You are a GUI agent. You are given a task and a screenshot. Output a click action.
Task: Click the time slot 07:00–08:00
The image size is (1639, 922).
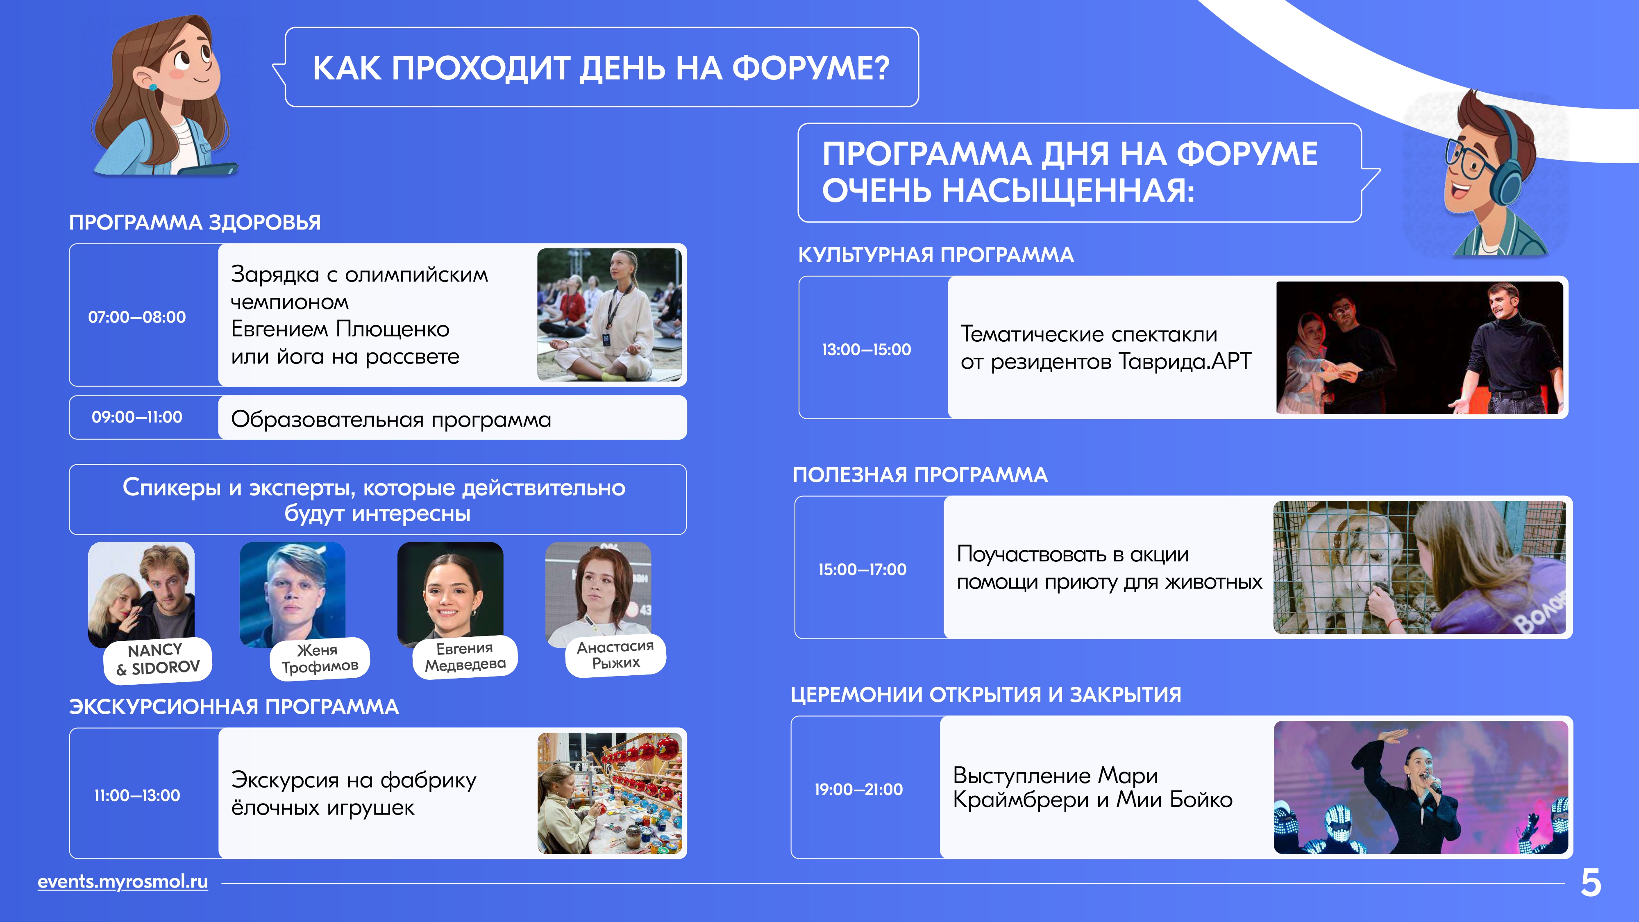pos(137,317)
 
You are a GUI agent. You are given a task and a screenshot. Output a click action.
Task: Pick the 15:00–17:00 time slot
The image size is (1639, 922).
pos(862,570)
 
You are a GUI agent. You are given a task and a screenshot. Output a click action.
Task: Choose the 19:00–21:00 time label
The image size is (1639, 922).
pos(858,790)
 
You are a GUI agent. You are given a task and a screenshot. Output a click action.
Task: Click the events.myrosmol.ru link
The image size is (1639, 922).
pos(123,881)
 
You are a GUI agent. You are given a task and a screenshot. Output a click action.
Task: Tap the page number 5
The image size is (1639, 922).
pos(1591,883)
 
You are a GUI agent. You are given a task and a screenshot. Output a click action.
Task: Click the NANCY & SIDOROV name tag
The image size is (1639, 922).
pos(158,660)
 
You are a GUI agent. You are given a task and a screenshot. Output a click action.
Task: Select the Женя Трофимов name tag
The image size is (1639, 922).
pos(320,659)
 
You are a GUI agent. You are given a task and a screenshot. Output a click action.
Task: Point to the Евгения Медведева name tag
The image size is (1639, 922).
pos(465,656)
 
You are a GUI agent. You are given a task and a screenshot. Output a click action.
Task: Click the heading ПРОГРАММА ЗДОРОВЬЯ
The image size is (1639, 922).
pos(195,223)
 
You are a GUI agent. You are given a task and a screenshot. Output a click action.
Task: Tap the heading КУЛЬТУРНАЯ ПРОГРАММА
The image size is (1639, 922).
pos(936,255)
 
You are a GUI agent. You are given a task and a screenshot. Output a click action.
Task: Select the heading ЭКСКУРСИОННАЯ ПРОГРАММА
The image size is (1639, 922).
pos(234,707)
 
